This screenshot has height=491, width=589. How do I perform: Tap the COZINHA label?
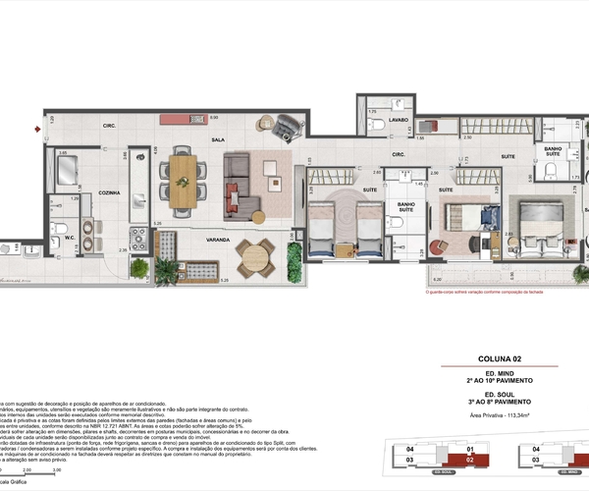point(108,193)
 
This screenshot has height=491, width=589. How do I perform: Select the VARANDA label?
point(218,240)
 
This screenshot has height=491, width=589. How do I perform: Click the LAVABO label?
point(398,120)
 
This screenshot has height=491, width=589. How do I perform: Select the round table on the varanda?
point(255,257)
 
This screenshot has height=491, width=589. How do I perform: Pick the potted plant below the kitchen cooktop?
point(139,266)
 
